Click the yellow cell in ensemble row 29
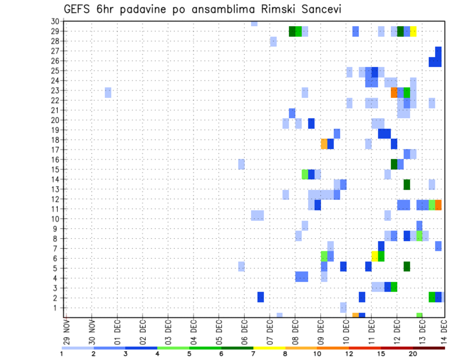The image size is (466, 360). coord(413,32)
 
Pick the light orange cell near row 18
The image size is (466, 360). coord(324,144)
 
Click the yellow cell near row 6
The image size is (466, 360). coord(375,256)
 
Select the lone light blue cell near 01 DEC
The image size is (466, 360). coord(108,92)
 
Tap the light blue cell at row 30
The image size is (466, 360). coord(254,23)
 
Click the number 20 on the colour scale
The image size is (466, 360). coord(413,354)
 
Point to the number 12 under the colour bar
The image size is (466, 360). coord(349,354)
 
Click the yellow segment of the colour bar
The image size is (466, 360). coord(269,348)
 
